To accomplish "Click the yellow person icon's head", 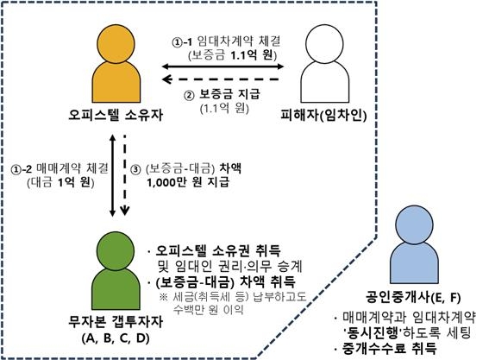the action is [x=116, y=44].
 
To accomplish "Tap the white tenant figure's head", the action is [x=324, y=44].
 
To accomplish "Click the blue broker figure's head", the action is [x=414, y=224].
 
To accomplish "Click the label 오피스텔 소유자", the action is [x=116, y=115].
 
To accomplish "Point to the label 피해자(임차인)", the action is [x=323, y=116].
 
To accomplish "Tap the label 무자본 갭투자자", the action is [x=116, y=322].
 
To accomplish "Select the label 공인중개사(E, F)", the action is [x=413, y=298].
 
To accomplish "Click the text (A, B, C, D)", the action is [x=116, y=338].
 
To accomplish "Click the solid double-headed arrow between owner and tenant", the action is [x=223, y=66].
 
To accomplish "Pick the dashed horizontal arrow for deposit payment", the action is [x=221, y=79].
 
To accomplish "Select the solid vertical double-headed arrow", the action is [x=113, y=175].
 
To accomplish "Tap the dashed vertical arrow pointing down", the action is [x=125, y=175].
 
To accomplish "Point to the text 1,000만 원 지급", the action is [x=188, y=182].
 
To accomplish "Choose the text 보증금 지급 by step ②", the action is [x=229, y=94].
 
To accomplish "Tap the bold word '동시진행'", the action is [x=372, y=333].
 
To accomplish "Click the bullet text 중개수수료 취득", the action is [x=389, y=349].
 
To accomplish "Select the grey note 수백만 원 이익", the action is [x=209, y=310].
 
